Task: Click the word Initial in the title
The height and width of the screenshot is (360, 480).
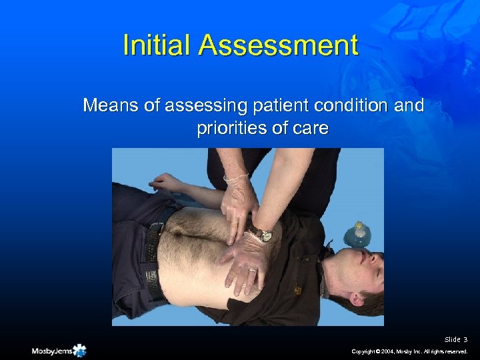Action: (157, 46)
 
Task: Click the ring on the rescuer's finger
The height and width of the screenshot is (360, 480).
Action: (252, 271)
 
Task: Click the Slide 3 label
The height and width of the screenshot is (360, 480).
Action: (457, 339)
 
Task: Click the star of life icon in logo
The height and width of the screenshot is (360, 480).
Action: (81, 350)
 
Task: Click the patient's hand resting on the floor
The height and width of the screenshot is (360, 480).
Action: (163, 181)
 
